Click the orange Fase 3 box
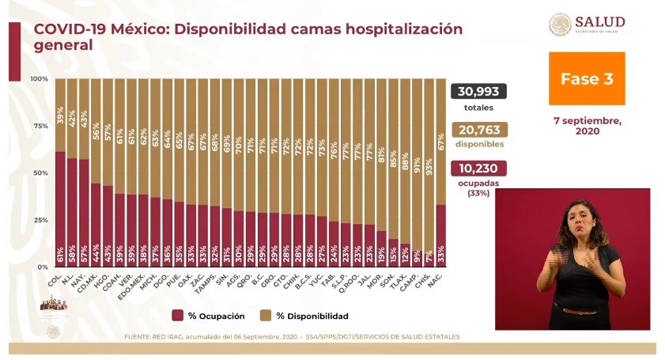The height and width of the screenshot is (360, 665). tap(587, 79)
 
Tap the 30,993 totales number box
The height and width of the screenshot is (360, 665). tap(478, 92)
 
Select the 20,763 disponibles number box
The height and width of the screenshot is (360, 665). tap(478, 131)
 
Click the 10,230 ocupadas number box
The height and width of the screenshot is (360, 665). tap(478, 169)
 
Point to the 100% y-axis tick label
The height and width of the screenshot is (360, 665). tap(39, 79)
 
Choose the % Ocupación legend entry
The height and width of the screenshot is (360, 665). tap(210, 316)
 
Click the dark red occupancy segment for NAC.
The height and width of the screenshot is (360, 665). tap(440, 229)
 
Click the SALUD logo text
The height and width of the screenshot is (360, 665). tap(600, 21)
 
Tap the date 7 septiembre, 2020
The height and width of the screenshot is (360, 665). tap(588, 126)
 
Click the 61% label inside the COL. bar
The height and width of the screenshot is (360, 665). tap(61, 255)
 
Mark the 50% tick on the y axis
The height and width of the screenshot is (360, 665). tap(40, 173)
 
